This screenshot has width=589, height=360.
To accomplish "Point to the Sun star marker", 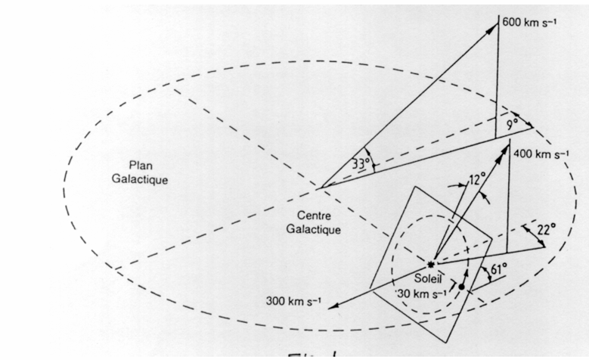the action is (x=432, y=264).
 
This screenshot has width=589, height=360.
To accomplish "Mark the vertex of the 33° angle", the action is (x=321, y=188).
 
